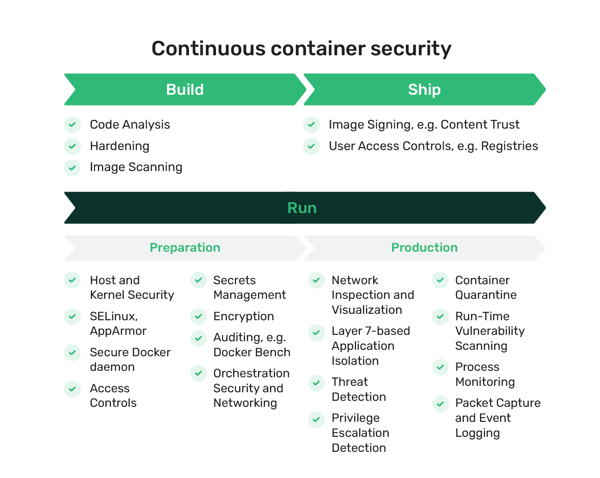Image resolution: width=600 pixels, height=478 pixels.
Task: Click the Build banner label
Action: (x=185, y=90)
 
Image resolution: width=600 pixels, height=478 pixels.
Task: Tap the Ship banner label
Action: (x=424, y=90)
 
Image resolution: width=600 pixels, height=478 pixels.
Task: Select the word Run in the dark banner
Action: (x=302, y=208)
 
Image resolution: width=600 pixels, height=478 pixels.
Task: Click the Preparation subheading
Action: (x=185, y=248)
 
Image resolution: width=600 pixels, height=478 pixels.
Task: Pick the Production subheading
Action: (x=424, y=248)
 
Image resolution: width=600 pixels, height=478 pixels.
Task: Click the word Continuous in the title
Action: (x=208, y=48)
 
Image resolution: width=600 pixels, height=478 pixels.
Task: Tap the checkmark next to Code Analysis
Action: (x=72, y=125)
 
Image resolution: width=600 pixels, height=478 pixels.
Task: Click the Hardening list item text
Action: (x=120, y=146)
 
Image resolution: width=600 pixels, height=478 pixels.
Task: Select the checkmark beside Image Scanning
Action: (x=72, y=168)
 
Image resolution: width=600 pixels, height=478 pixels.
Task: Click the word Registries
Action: (x=509, y=146)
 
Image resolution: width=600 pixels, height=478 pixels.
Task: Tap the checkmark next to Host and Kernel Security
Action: (x=72, y=280)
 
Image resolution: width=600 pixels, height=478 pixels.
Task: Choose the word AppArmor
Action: (x=118, y=331)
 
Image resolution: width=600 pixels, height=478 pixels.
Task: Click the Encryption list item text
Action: (x=243, y=316)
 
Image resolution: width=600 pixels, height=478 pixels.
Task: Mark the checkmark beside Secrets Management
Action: (x=198, y=280)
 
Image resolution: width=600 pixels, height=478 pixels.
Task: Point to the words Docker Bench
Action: (x=252, y=352)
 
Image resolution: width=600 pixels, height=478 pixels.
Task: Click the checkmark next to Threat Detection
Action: (x=316, y=382)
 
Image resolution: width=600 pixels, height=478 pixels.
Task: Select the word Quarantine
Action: (x=486, y=295)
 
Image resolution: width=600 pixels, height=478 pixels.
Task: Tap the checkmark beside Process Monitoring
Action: (x=440, y=367)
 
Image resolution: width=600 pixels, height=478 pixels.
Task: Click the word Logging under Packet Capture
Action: (x=477, y=433)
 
